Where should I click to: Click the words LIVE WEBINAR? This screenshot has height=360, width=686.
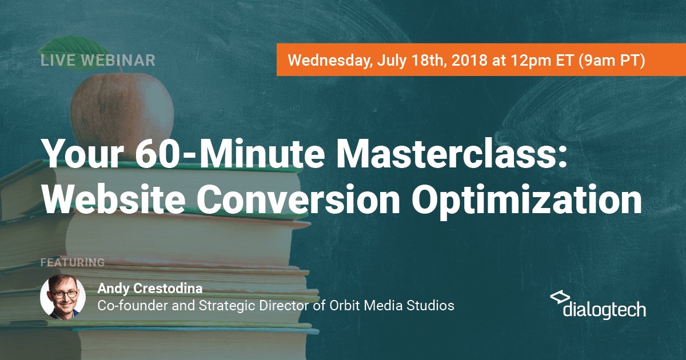click(x=98, y=61)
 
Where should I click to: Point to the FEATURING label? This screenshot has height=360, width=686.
click(x=73, y=263)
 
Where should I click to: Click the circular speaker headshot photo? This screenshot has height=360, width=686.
click(x=63, y=297)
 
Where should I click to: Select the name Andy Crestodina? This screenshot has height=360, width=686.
click(x=150, y=288)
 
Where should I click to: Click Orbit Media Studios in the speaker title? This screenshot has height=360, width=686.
click(x=392, y=306)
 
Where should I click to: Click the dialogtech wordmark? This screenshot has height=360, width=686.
click(x=604, y=310)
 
